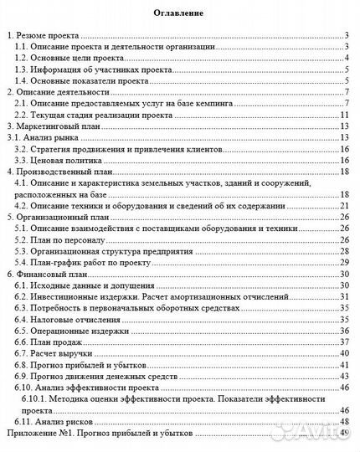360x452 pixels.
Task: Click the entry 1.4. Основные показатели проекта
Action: click(75, 83)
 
